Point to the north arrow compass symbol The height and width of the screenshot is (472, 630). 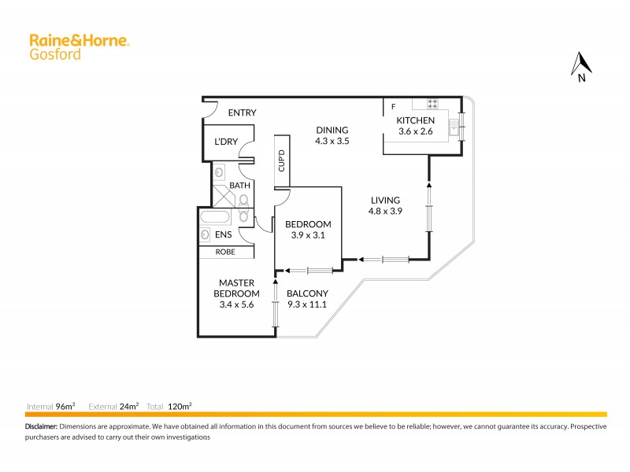(x=581, y=66)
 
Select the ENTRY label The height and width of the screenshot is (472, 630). (x=242, y=112)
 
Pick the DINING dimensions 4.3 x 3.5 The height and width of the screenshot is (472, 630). (x=332, y=142)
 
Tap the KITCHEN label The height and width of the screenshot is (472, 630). (x=415, y=120)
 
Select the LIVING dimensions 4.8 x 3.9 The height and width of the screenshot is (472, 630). (x=386, y=211)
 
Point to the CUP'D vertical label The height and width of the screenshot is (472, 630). (x=281, y=160)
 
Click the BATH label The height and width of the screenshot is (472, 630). (x=239, y=186)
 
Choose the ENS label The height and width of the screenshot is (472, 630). (x=223, y=234)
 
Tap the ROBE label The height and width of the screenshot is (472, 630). (x=227, y=253)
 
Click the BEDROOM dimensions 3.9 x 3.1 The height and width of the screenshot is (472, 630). (x=308, y=235)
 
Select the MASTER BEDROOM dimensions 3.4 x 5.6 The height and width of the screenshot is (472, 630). (x=234, y=305)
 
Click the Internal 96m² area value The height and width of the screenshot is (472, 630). (x=65, y=406)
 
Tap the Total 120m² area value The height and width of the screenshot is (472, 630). (x=180, y=406)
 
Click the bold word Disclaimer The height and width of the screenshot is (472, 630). (x=41, y=426)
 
